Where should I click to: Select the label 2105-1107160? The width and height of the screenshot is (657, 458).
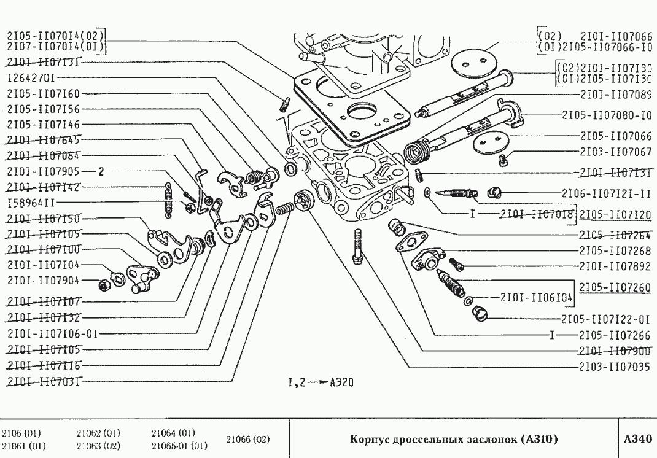(43, 93)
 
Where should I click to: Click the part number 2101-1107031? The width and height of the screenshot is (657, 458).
(43, 381)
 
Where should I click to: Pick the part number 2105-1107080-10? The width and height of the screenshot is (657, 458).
(607, 115)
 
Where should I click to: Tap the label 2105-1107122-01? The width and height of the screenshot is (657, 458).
(607, 319)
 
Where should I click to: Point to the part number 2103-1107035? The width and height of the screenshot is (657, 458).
(616, 367)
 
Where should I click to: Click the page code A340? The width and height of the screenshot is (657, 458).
(636, 439)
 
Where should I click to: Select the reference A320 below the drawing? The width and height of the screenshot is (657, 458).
(341, 382)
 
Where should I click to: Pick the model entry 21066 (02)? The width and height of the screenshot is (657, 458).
(248, 439)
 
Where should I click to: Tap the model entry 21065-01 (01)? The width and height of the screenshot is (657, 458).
(179, 446)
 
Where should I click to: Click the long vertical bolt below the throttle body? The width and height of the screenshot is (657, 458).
(357, 246)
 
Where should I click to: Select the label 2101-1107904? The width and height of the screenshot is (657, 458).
(43, 280)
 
